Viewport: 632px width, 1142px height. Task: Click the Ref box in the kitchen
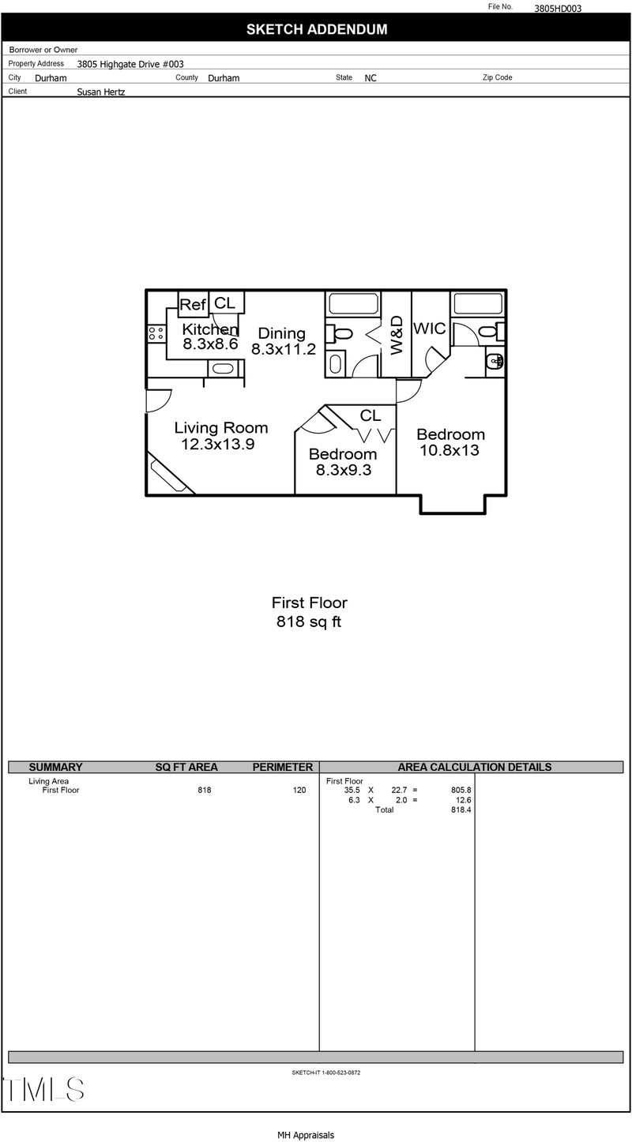[x=193, y=304]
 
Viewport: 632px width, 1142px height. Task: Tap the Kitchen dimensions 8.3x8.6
[x=211, y=344]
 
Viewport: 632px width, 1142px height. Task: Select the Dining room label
[x=281, y=333]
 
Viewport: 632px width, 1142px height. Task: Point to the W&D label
[x=397, y=335]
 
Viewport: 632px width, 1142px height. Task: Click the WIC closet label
[x=430, y=329]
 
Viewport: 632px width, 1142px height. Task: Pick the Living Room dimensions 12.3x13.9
[x=218, y=444]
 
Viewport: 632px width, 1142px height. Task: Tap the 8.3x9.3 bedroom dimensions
[x=344, y=470]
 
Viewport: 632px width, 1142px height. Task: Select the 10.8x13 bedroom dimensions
[x=450, y=450]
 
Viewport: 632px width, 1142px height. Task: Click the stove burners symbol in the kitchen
[x=156, y=333]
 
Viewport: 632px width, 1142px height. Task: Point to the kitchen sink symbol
[x=223, y=368]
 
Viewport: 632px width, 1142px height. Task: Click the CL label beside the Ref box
[x=224, y=303]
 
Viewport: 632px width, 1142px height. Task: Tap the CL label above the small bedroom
[x=371, y=415]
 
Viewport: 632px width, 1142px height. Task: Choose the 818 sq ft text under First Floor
[x=309, y=622]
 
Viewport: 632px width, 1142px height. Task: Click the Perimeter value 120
[x=299, y=790]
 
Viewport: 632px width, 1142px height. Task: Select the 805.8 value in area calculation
[x=461, y=790]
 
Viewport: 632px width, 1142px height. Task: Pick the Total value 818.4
[x=461, y=810]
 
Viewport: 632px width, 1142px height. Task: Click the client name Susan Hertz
[x=101, y=92]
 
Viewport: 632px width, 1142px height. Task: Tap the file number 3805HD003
[x=558, y=8]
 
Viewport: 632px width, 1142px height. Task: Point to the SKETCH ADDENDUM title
[x=317, y=29]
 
